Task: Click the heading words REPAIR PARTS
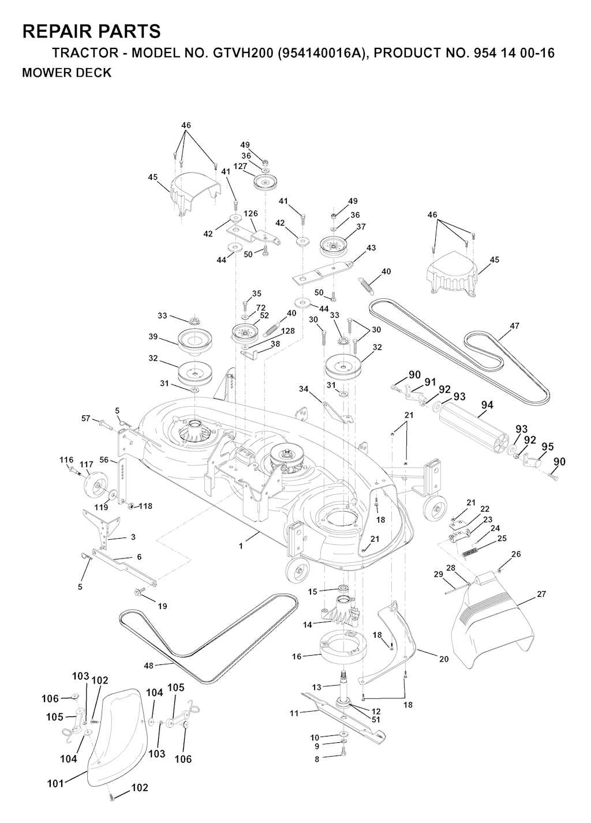[91, 31]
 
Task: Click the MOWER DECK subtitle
[66, 73]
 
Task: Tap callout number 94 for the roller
[487, 405]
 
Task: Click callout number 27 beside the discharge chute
[541, 594]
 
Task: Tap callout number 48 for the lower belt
[148, 665]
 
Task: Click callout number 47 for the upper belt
[514, 326]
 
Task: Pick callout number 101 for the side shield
[56, 783]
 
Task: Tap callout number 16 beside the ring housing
[297, 656]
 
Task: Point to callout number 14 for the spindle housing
[307, 624]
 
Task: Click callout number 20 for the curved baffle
[443, 659]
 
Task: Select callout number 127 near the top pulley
[241, 166]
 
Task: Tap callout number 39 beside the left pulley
[152, 337]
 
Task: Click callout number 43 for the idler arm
[371, 248]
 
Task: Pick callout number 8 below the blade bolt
[316, 760]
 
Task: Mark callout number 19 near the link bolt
[162, 606]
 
